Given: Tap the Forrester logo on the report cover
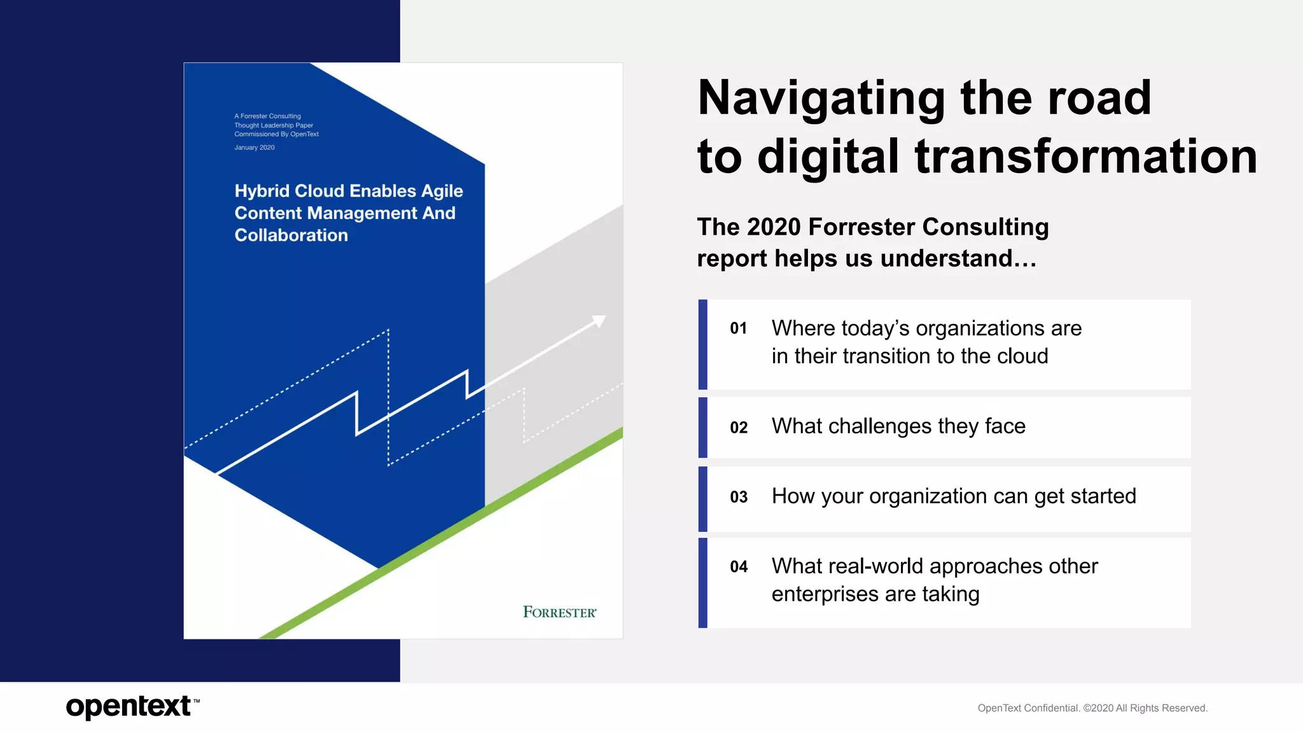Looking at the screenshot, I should (559, 612).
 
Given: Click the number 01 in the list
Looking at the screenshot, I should (738, 329).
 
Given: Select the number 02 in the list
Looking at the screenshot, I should (738, 428).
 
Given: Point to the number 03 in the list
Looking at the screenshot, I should (738, 497).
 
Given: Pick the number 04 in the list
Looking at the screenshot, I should (738, 567).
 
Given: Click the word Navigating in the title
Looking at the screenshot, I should (821, 99).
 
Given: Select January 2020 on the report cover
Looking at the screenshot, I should (254, 148).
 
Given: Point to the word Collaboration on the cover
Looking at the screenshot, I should (291, 235).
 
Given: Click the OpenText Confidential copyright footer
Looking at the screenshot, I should (1092, 708).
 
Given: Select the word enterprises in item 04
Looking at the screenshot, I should (825, 594).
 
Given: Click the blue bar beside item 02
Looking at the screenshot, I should (702, 428).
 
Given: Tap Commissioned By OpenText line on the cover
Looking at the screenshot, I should (276, 134).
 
